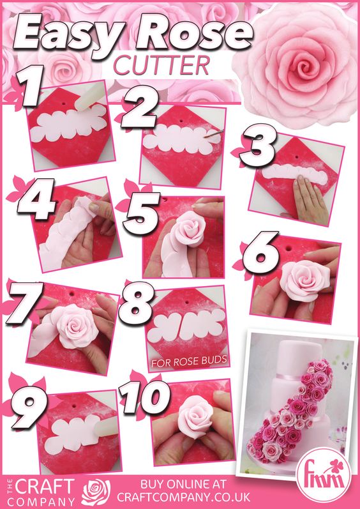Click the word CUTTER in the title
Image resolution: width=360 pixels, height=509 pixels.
pyautogui.click(x=161, y=65)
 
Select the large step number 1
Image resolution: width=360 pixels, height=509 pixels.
pyautogui.click(x=29, y=86)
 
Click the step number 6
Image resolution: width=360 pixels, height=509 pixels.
pyautogui.click(x=261, y=252)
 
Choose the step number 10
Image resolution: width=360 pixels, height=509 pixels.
pyautogui.click(x=145, y=397)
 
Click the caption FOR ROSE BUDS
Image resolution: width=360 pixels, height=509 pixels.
pyautogui.click(x=189, y=361)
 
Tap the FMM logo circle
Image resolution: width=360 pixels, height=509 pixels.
pyautogui.click(x=327, y=475)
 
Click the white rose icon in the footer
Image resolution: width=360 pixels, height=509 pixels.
pyautogui.click(x=96, y=492)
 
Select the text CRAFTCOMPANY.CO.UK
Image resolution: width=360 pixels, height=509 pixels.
pyautogui.click(x=184, y=497)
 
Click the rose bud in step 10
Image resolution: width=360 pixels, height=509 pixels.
pyautogui.click(x=195, y=416)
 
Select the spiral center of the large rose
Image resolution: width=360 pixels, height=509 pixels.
pyautogui.click(x=304, y=68)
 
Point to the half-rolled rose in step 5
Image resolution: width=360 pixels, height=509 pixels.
pyautogui.click(x=189, y=228)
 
